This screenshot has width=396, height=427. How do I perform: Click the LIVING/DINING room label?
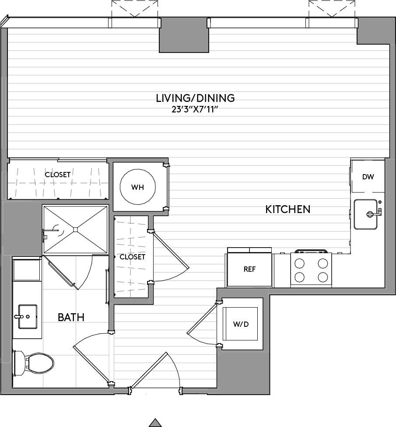click(x=195, y=98)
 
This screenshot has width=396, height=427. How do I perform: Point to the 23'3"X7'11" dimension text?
click(x=195, y=109)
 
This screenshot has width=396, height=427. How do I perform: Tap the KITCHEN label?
click(x=288, y=210)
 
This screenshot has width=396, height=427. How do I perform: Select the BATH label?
click(x=71, y=317)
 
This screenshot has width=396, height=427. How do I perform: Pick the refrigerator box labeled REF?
click(x=249, y=269)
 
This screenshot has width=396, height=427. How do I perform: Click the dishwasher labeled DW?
click(x=368, y=177)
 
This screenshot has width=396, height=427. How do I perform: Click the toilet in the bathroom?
click(x=35, y=363)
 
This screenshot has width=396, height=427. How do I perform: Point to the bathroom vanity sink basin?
click(x=27, y=315)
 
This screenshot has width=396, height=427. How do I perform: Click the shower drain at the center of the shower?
click(x=75, y=229)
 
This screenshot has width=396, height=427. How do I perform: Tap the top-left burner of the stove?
click(x=300, y=263)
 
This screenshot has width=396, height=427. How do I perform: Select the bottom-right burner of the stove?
click(x=322, y=277)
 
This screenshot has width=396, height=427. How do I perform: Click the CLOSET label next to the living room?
click(x=58, y=175)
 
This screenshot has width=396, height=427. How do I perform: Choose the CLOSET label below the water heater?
click(x=132, y=257)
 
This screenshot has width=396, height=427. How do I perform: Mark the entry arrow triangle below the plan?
click(x=155, y=423)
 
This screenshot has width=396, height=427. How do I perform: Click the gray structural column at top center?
click(x=184, y=36)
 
